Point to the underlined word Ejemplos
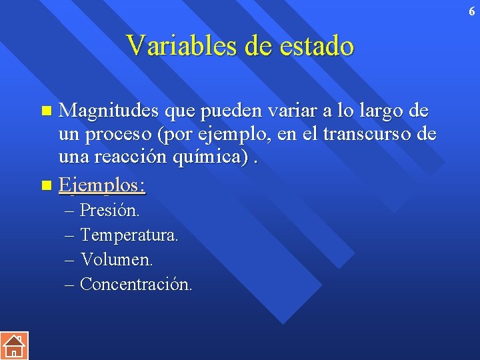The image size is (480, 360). [x=101, y=185]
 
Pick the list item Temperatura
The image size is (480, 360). [x=129, y=235]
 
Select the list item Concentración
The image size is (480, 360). [x=135, y=284]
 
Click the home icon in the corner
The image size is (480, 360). [x=13, y=345]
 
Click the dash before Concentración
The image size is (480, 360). [x=70, y=285]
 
